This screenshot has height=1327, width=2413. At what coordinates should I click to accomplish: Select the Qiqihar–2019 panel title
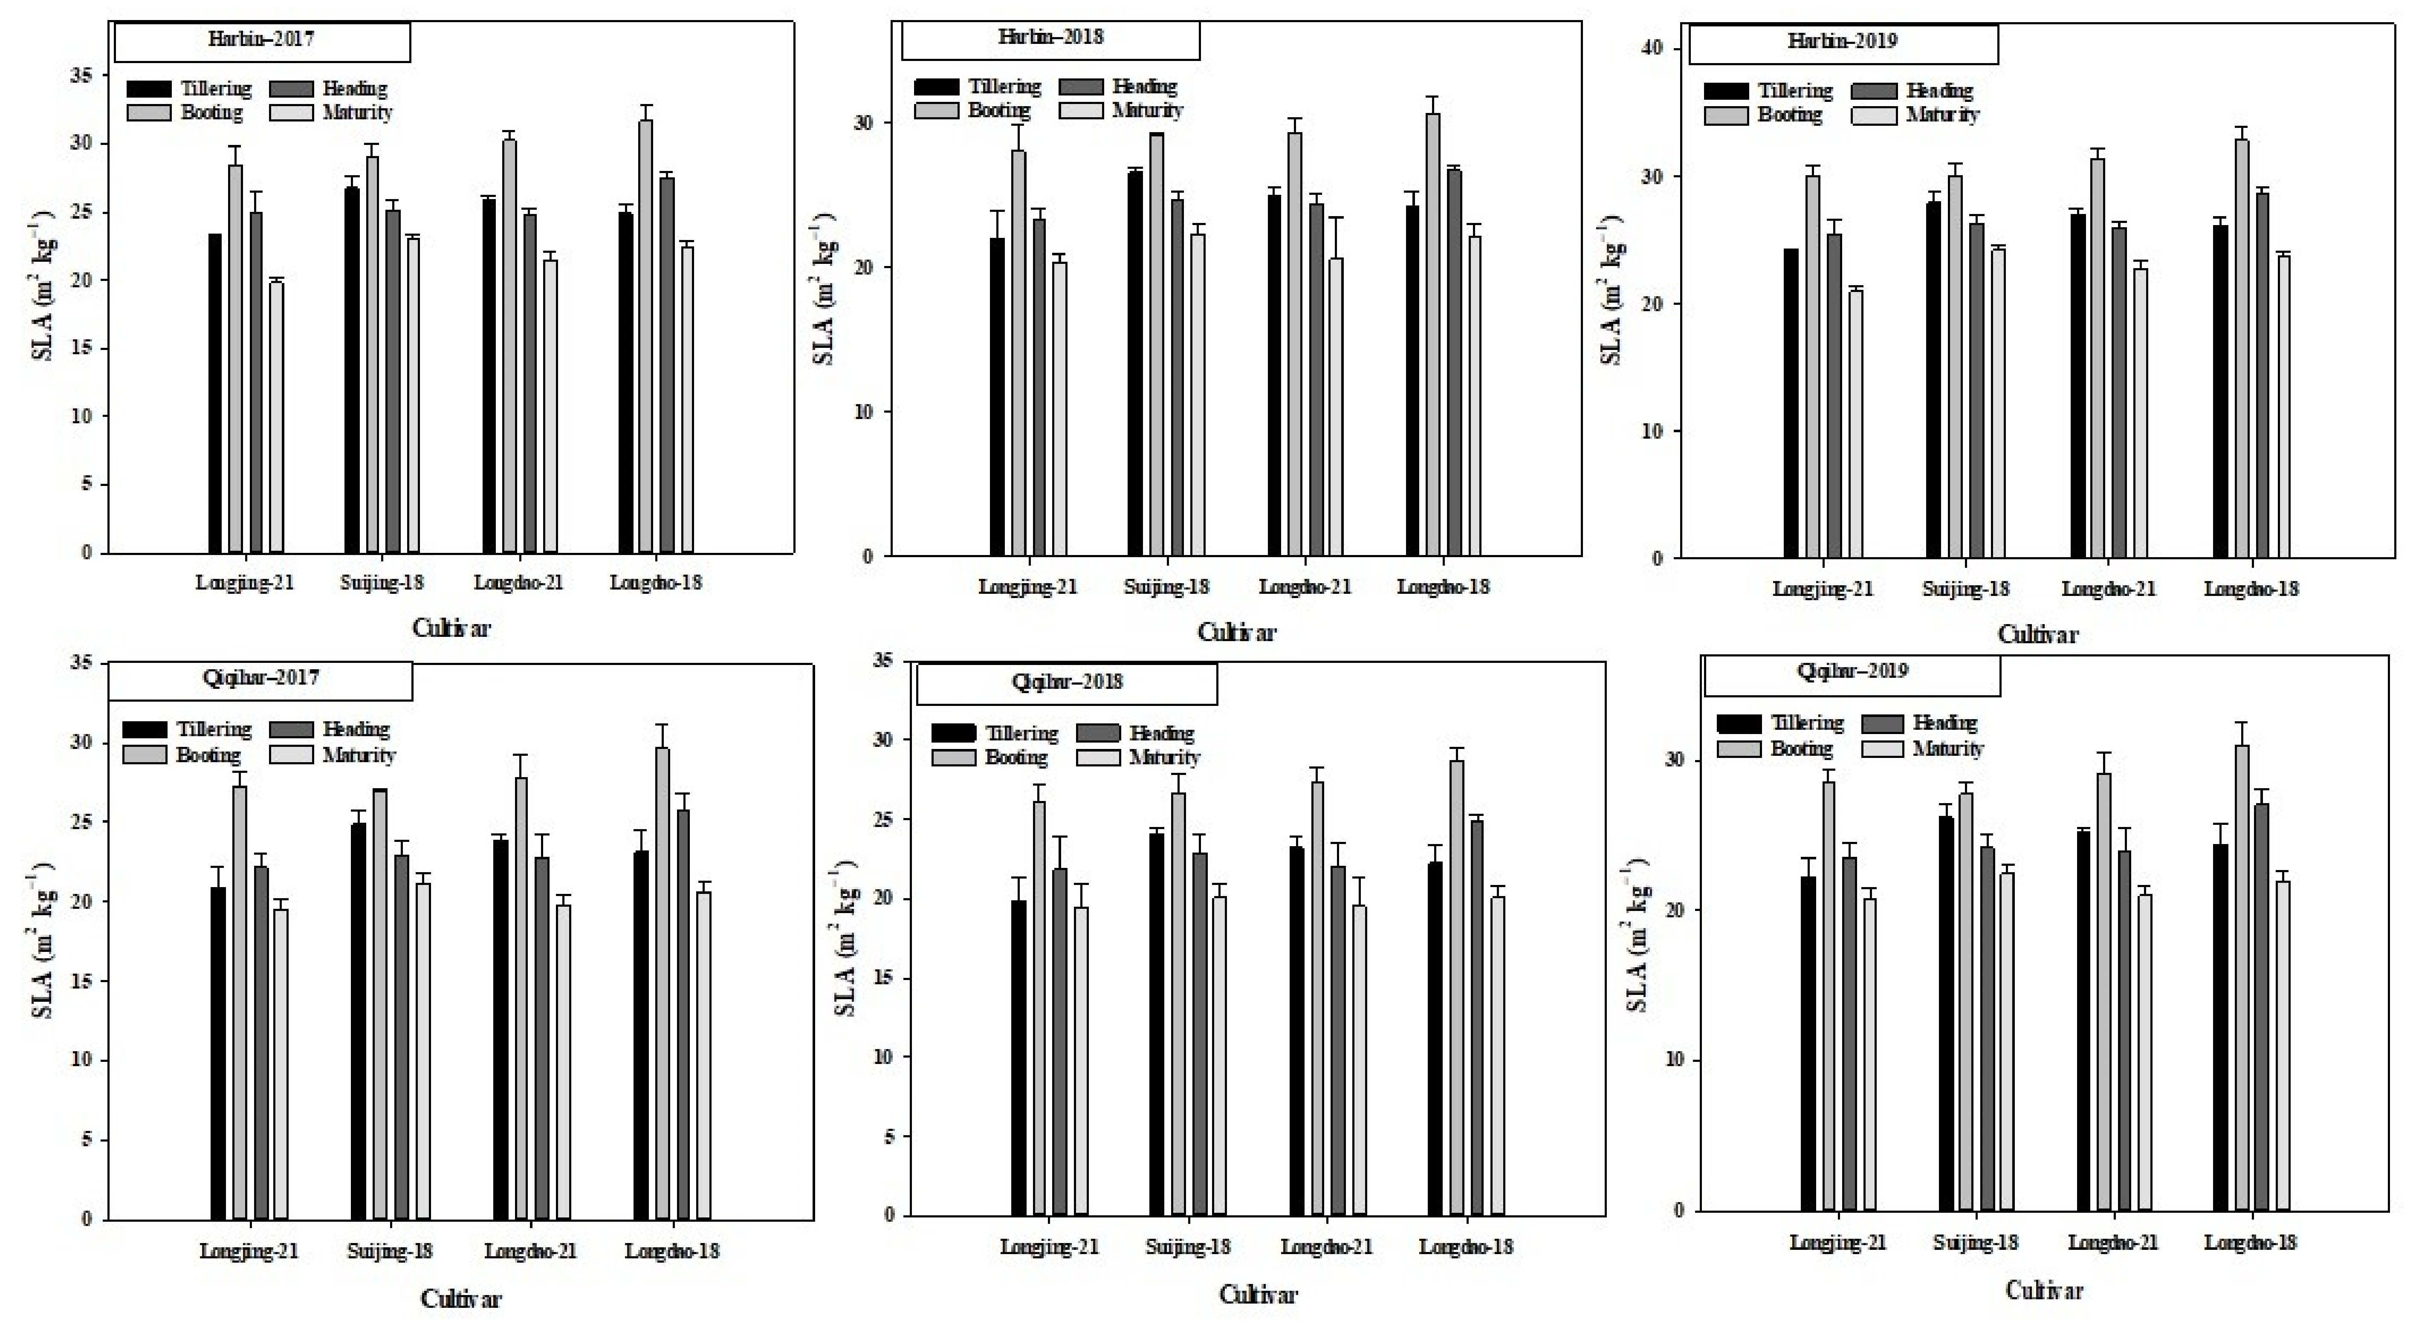pyautogui.click(x=1851, y=671)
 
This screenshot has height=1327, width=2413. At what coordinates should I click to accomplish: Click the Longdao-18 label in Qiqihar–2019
pyautogui.click(x=2250, y=1243)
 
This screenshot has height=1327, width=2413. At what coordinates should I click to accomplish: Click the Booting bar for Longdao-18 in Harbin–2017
pyautogui.click(x=645, y=337)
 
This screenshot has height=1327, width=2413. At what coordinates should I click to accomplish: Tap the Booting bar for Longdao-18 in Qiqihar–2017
pyautogui.click(x=662, y=983)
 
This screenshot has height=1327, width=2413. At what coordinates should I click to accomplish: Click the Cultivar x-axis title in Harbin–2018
pyautogui.click(x=1236, y=633)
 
